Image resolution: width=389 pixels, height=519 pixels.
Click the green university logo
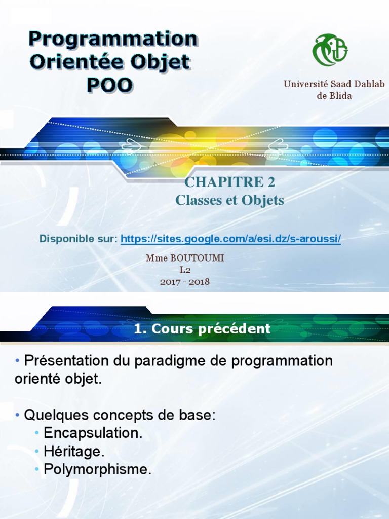(x=330, y=50)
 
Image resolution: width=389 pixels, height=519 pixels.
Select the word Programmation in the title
(x=112, y=39)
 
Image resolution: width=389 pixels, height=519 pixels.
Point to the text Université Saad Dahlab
(x=334, y=84)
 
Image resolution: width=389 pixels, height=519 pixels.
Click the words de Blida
(x=334, y=95)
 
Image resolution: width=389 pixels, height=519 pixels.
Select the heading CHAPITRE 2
(x=230, y=182)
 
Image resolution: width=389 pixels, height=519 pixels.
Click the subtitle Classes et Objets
(x=229, y=200)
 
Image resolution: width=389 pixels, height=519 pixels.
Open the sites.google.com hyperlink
(x=230, y=238)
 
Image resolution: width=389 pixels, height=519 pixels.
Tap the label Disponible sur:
(x=79, y=238)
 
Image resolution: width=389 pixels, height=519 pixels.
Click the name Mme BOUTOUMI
(x=185, y=258)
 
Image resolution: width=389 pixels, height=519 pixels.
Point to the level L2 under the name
(x=185, y=270)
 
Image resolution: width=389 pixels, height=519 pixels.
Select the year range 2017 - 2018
(x=185, y=282)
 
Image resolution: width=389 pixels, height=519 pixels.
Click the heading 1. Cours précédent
(x=202, y=329)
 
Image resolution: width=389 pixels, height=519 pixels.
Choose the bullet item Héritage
(x=74, y=451)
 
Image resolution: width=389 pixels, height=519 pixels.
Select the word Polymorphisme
(x=98, y=469)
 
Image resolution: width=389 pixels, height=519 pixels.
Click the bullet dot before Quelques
(x=18, y=415)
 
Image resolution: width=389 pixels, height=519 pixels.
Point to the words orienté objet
(x=58, y=379)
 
